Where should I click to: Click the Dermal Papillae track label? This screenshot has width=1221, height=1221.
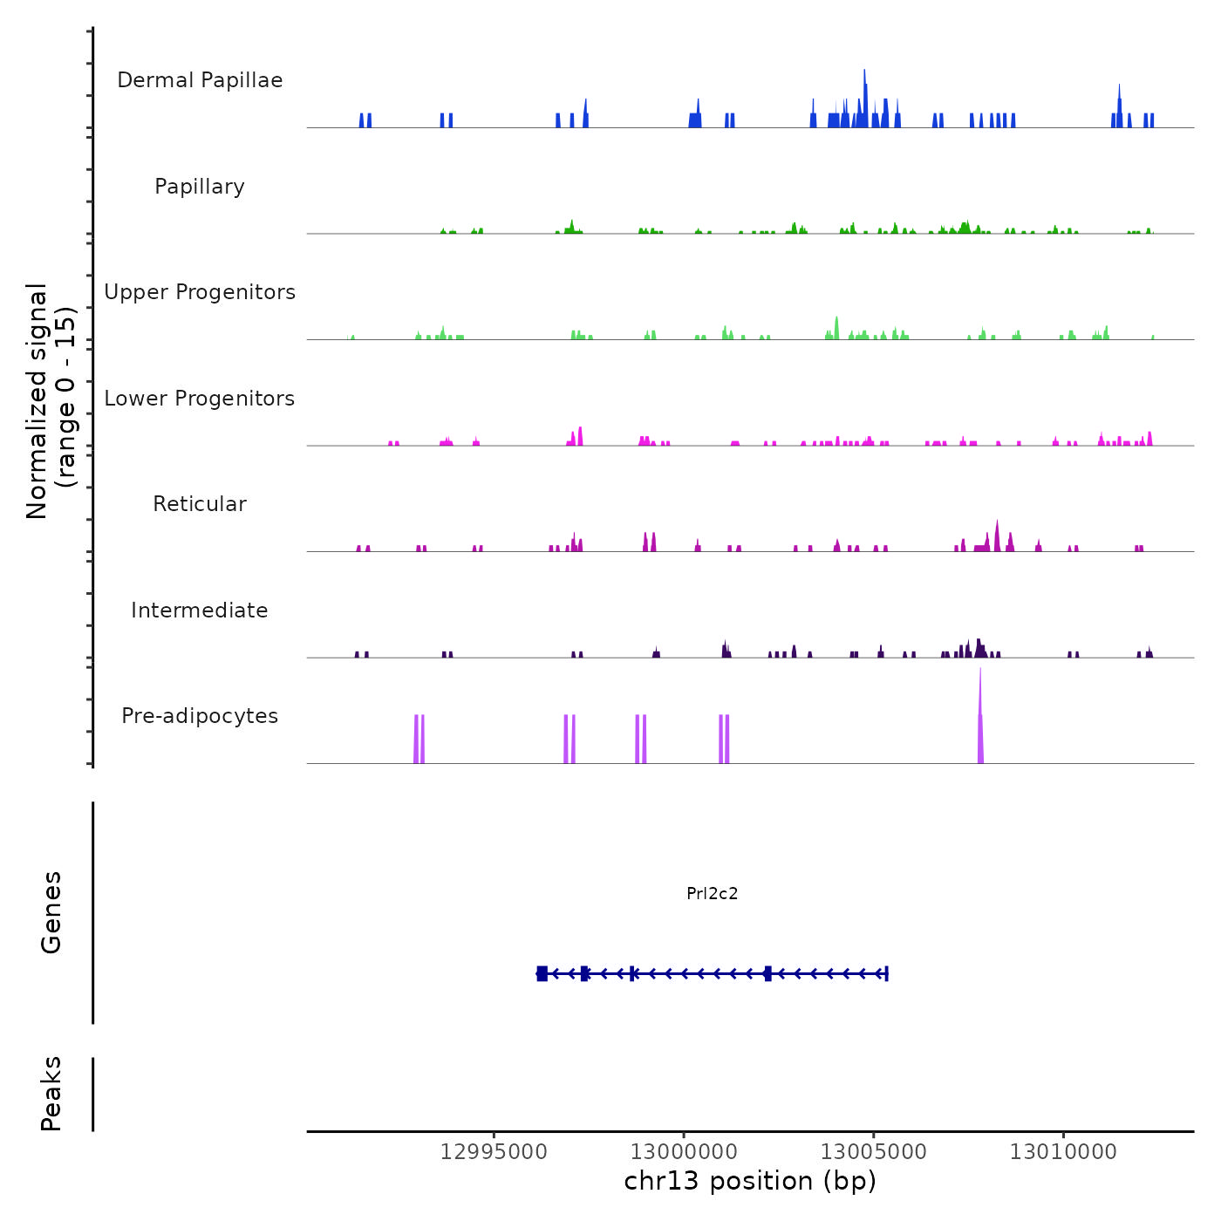pyautogui.click(x=200, y=80)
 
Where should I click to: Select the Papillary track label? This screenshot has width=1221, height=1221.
pyautogui.click(x=200, y=187)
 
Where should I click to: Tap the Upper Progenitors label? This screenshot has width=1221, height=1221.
pyautogui.click(x=200, y=292)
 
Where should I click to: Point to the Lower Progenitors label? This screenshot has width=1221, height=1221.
pyautogui.click(x=200, y=399)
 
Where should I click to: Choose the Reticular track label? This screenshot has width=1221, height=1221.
pyautogui.click(x=200, y=504)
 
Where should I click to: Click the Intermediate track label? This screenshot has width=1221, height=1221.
pyautogui.click(x=200, y=610)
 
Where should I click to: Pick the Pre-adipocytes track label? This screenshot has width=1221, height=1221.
pyautogui.click(x=200, y=716)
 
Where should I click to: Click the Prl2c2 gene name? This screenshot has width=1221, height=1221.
pyautogui.click(x=713, y=893)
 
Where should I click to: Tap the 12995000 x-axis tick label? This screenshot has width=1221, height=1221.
pyautogui.click(x=494, y=1152)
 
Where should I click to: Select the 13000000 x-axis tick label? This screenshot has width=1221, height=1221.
pyautogui.click(x=684, y=1152)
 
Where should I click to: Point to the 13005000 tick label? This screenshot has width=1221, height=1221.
pyautogui.click(x=873, y=1152)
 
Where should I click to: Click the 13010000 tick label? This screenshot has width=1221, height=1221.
pyautogui.click(x=1063, y=1152)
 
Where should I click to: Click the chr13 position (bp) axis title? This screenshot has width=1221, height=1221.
pyautogui.click(x=750, y=1181)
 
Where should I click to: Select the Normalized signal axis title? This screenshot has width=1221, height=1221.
pyautogui.click(x=51, y=400)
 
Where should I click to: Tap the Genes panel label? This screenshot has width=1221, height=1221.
pyautogui.click(x=51, y=912)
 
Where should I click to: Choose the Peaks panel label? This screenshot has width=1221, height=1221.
pyautogui.click(x=51, y=1094)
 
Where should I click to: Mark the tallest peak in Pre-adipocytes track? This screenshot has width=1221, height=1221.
pyautogui.click(x=980, y=672)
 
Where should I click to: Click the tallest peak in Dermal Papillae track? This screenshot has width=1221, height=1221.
pyautogui.click(x=864, y=72)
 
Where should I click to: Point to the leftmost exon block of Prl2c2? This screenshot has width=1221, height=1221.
pyautogui.click(x=542, y=973)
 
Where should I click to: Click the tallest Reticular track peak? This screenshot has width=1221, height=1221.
pyautogui.click(x=997, y=523)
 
